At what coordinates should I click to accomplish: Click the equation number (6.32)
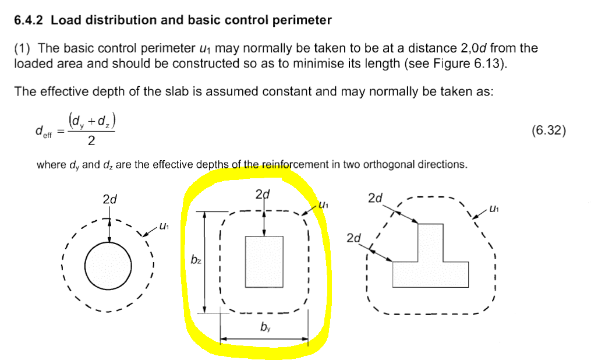tap(548, 130)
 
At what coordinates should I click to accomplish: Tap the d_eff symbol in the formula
tap(43, 132)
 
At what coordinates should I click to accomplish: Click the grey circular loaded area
tap(108, 266)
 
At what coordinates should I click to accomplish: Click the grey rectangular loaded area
tap(264, 262)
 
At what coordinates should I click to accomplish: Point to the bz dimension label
tap(197, 260)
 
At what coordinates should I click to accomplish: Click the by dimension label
tap(265, 328)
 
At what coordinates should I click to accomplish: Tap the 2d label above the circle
tap(109, 199)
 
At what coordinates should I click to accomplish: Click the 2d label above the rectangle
tap(263, 194)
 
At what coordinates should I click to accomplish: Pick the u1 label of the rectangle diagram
tap(324, 205)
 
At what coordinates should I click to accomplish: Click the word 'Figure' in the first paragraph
tap(451, 63)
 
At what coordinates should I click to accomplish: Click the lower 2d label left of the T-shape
tap(353, 238)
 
